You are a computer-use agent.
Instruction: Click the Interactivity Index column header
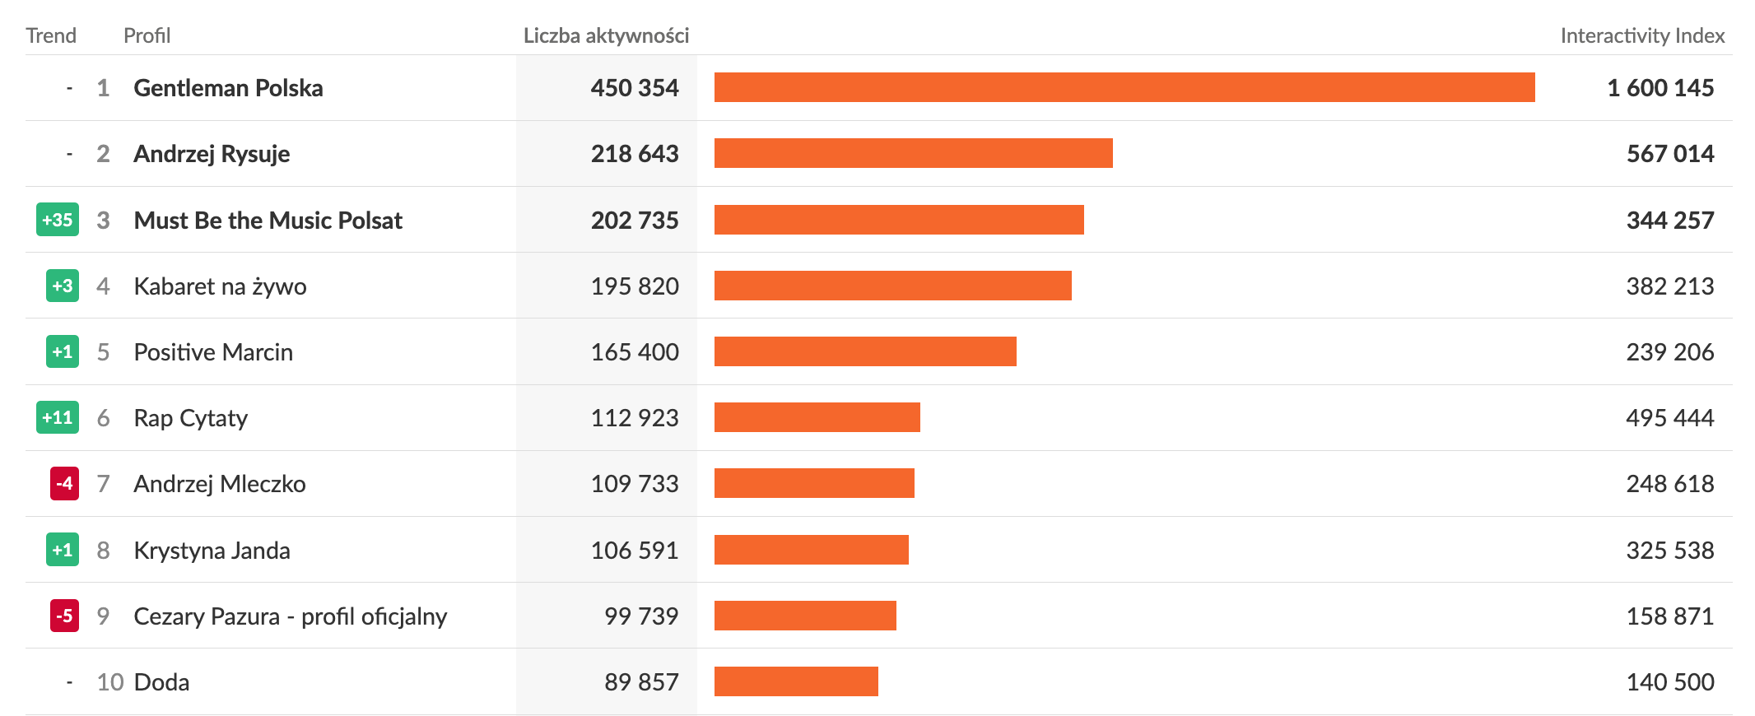pyautogui.click(x=1641, y=35)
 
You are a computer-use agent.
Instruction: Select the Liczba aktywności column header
pyautogui.click(x=606, y=35)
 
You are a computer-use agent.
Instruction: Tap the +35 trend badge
pyautogui.click(x=58, y=220)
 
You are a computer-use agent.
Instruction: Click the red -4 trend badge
pyautogui.click(x=64, y=483)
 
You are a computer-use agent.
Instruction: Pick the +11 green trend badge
pyautogui.click(x=58, y=417)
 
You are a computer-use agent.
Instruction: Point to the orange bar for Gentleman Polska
pyautogui.click(x=1124, y=87)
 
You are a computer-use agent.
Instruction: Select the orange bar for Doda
pyautogui.click(x=796, y=681)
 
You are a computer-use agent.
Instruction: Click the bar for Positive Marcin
pyautogui.click(x=865, y=351)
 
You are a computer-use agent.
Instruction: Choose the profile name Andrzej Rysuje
pyautogui.click(x=212, y=154)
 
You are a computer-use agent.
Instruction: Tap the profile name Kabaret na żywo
pyautogui.click(x=220, y=286)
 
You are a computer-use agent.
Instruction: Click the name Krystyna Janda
pyautogui.click(x=212, y=551)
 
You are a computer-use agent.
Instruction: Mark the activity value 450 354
pyautogui.click(x=635, y=88)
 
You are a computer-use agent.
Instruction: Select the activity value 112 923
pyautogui.click(x=635, y=418)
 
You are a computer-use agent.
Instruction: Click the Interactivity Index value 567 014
pyautogui.click(x=1669, y=154)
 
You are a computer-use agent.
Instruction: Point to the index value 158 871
pyautogui.click(x=1669, y=616)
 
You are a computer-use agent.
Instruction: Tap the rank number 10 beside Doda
pyautogui.click(x=109, y=682)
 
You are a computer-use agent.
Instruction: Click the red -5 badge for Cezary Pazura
pyautogui.click(x=64, y=616)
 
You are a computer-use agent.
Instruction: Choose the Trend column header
pyautogui.click(x=51, y=35)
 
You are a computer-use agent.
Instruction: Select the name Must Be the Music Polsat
pyautogui.click(x=268, y=221)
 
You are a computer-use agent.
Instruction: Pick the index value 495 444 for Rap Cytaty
pyautogui.click(x=1669, y=418)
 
